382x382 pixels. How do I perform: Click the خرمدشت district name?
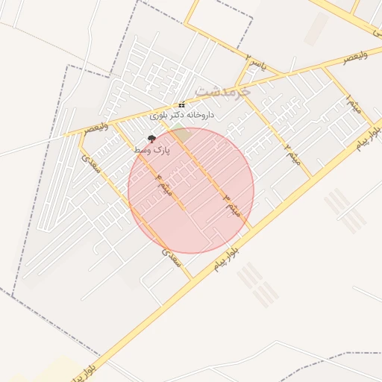[219, 90]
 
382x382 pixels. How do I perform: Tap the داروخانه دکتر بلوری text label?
[182, 116]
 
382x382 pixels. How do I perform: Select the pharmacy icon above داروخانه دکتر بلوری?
[182, 104]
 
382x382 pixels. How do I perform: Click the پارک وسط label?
[152, 150]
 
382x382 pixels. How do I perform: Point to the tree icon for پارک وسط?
[152, 139]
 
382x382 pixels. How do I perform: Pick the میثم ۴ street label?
[163, 184]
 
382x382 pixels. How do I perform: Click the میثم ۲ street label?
[292, 154]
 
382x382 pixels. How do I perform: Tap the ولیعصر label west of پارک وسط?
[97, 128]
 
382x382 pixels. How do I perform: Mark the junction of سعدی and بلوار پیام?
[192, 278]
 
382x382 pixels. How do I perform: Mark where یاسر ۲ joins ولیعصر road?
[237, 84]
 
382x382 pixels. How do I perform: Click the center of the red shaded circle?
[191, 190]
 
